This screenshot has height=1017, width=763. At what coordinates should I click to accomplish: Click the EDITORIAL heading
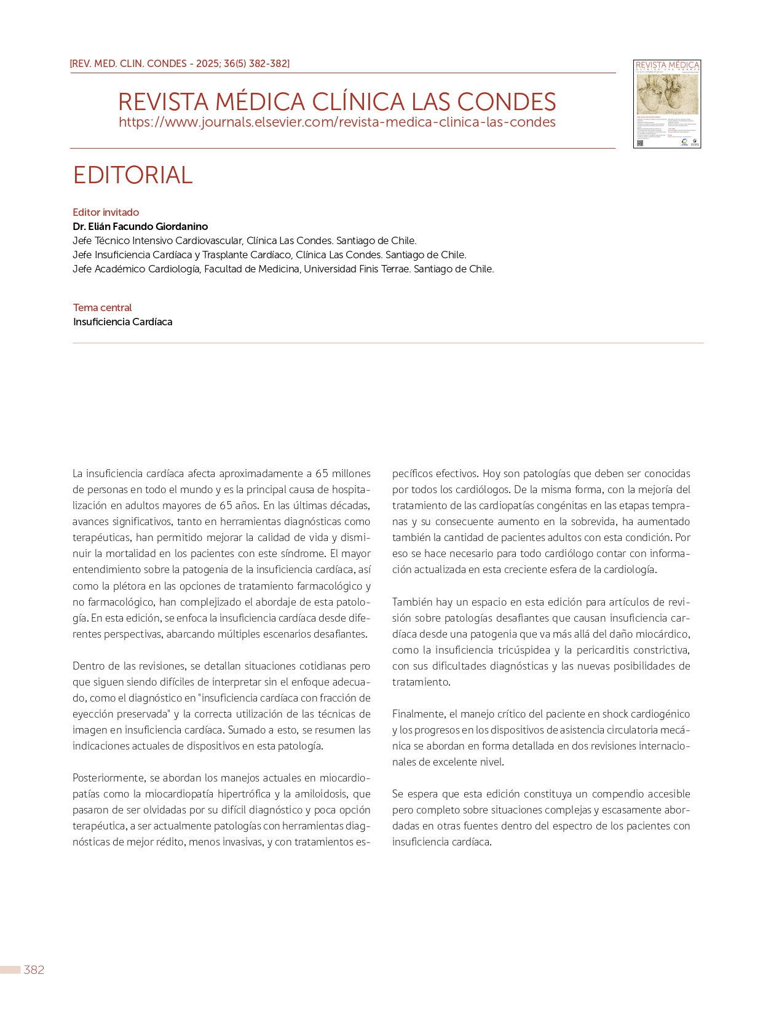[133, 175]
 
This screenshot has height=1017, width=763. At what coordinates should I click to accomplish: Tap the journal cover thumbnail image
[667, 104]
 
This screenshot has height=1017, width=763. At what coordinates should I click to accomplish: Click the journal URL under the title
[337, 122]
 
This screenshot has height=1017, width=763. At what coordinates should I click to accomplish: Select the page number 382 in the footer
[34, 970]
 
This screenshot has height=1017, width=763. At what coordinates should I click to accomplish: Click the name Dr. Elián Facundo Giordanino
[140, 226]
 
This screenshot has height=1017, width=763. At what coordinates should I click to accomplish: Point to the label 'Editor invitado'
[106, 212]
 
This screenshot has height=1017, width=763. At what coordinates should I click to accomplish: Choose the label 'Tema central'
[102, 307]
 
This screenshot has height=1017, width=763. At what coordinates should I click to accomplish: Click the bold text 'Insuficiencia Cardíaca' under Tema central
[122, 322]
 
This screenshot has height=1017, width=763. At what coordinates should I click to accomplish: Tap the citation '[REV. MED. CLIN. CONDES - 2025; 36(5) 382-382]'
[180, 63]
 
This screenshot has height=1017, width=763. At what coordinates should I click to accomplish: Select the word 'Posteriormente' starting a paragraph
[108, 778]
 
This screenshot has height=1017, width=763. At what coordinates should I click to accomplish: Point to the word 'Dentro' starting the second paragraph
[88, 666]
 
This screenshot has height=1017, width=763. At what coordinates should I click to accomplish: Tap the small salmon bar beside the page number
[10, 970]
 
